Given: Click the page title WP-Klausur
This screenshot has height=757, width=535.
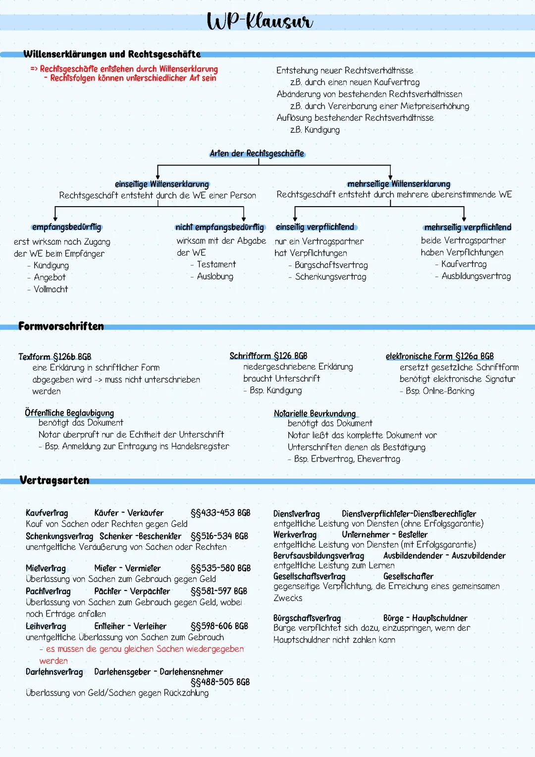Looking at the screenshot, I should click(x=260, y=22).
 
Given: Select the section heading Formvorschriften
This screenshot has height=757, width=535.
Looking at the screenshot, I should click(x=61, y=326).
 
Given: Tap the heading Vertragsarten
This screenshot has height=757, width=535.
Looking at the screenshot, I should click(x=54, y=480).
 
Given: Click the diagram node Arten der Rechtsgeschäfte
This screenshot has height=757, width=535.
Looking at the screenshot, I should click(x=257, y=154).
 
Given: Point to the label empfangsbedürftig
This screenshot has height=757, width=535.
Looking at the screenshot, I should click(x=66, y=227).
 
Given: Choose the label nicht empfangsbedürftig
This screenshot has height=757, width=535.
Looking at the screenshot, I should click(x=219, y=227).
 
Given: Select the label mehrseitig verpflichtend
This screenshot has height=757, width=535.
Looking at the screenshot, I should click(x=468, y=227).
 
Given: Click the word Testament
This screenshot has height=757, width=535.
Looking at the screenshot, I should click(x=216, y=265).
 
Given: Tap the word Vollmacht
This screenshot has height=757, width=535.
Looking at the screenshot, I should click(x=51, y=289).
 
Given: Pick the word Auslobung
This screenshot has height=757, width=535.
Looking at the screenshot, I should click(x=215, y=276).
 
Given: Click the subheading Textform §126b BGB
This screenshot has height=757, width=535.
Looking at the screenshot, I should click(x=54, y=357).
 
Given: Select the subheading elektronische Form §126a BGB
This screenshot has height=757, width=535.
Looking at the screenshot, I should click(x=439, y=356).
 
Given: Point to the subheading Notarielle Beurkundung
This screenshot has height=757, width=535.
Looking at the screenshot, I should click(x=315, y=414).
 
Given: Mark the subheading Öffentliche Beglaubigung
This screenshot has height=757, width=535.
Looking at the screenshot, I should click(x=69, y=413).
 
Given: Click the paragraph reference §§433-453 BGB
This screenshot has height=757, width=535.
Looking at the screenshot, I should click(x=220, y=513).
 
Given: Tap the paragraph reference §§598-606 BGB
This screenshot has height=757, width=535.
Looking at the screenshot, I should click(x=219, y=626).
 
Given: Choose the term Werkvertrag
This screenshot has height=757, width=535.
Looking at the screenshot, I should click(x=295, y=535).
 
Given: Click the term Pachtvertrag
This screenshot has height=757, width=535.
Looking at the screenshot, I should click(x=48, y=591).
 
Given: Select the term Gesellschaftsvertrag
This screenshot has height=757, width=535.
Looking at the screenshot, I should click(x=309, y=576).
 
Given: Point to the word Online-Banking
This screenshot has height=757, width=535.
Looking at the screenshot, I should click(x=448, y=391).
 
